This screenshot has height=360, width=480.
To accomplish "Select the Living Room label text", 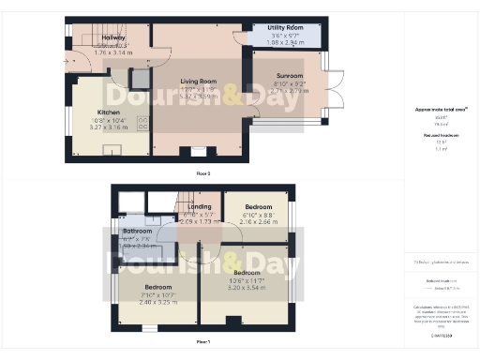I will coord(198,82).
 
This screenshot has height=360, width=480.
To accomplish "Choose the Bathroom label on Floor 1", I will coord(136,230).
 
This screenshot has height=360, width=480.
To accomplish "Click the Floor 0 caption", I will coord(202,173).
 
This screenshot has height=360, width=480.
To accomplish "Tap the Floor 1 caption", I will coord(202,342).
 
